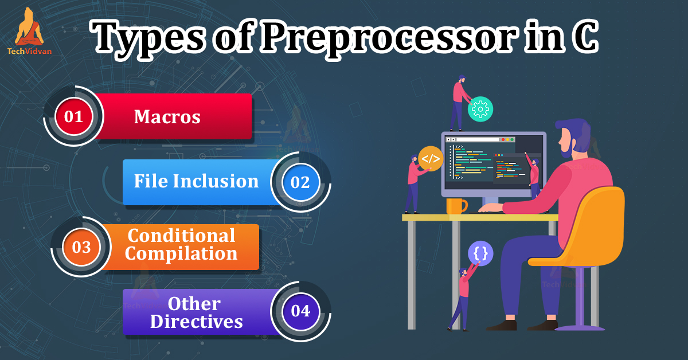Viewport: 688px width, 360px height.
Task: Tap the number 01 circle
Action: pyautogui.click(x=74, y=117)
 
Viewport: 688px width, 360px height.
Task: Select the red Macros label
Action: pyautogui.click(x=167, y=117)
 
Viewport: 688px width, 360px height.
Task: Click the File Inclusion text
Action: pyautogui.click(x=196, y=181)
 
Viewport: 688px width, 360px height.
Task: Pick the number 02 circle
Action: pyautogui.click(x=300, y=182)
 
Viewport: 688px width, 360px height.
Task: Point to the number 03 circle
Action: pyautogui.click(x=81, y=247)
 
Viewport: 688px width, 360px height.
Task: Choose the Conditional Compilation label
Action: pyautogui.click(x=181, y=244)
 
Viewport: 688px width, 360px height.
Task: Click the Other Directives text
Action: pyautogui.click(x=196, y=312)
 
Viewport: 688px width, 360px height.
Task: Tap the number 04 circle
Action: pyautogui.click(x=300, y=311)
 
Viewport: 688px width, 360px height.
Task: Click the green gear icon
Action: pyautogui.click(x=480, y=108)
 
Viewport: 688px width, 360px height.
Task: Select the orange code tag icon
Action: pyautogui.click(x=431, y=159)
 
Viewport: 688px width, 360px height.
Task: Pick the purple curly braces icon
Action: pyautogui.click(x=481, y=253)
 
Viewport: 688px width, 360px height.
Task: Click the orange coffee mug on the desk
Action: pyautogui.click(x=456, y=206)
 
